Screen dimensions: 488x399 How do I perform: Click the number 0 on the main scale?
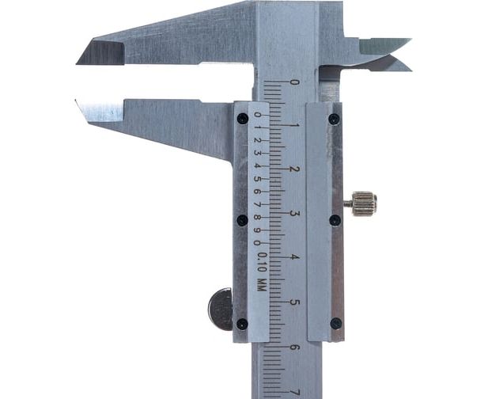[294, 82]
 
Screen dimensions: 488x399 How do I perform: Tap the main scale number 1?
[294, 126]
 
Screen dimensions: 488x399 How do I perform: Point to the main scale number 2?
[294, 169]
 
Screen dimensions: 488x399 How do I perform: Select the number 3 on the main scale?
[294, 214]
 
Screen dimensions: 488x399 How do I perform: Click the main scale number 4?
[294, 257]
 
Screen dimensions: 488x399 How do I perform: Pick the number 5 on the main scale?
[294, 302]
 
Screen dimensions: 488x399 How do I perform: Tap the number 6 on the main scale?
[294, 347]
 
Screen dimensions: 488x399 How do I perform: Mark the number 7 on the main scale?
[294, 392]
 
